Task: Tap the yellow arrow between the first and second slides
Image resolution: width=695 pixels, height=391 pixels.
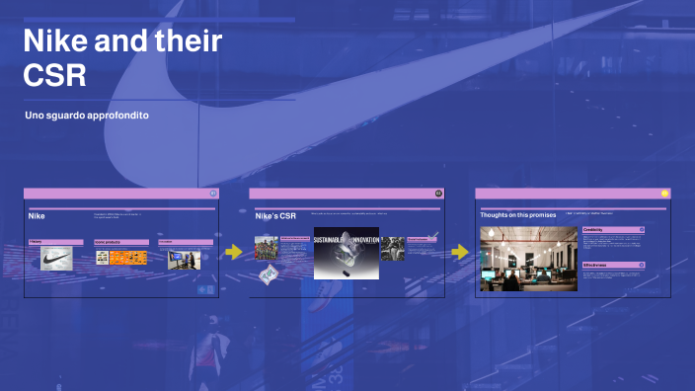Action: click(233, 252)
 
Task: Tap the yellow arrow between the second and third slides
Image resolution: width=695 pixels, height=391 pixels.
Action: click(460, 252)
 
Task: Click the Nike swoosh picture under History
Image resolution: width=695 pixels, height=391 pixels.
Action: click(56, 259)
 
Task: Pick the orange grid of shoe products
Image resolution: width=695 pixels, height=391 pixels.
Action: click(127, 258)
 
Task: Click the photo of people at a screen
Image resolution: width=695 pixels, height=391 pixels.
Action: click(184, 259)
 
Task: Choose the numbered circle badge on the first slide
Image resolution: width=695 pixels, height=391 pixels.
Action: click(213, 194)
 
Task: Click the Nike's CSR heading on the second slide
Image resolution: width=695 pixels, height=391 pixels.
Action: click(275, 214)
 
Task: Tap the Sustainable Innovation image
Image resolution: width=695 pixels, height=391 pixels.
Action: click(346, 252)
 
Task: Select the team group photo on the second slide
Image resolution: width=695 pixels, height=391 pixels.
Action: click(267, 248)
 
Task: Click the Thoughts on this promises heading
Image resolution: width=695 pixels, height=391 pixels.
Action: click(518, 214)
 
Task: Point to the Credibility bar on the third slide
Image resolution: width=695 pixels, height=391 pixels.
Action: click(613, 229)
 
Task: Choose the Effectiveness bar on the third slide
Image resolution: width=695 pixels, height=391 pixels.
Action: click(613, 265)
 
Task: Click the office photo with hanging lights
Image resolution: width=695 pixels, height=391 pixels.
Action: click(528, 259)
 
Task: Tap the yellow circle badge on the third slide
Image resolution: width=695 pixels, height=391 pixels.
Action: click(664, 194)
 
